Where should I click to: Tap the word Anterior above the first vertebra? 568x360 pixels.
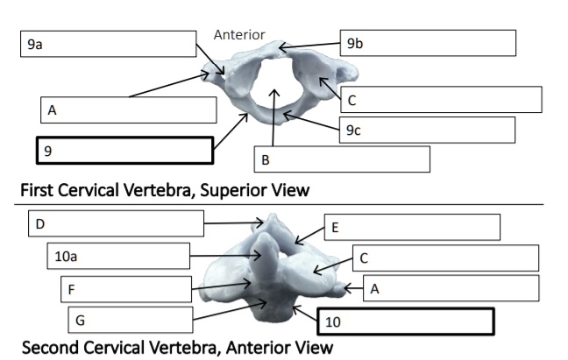pos(239,35)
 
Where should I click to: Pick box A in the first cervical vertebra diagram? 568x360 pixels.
pos(128,110)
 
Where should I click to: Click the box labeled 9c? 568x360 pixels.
pos(426,130)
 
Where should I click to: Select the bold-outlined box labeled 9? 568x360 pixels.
pos(124,150)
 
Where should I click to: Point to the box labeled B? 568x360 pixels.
pos(342,159)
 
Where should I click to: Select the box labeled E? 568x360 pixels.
pos(412,227)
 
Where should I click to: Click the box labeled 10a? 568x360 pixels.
pos(118,257)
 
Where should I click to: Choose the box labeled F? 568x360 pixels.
pos(126,289)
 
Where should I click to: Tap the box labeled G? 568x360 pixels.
pos(130,319)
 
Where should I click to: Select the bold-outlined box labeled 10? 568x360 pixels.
pos(406,321)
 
